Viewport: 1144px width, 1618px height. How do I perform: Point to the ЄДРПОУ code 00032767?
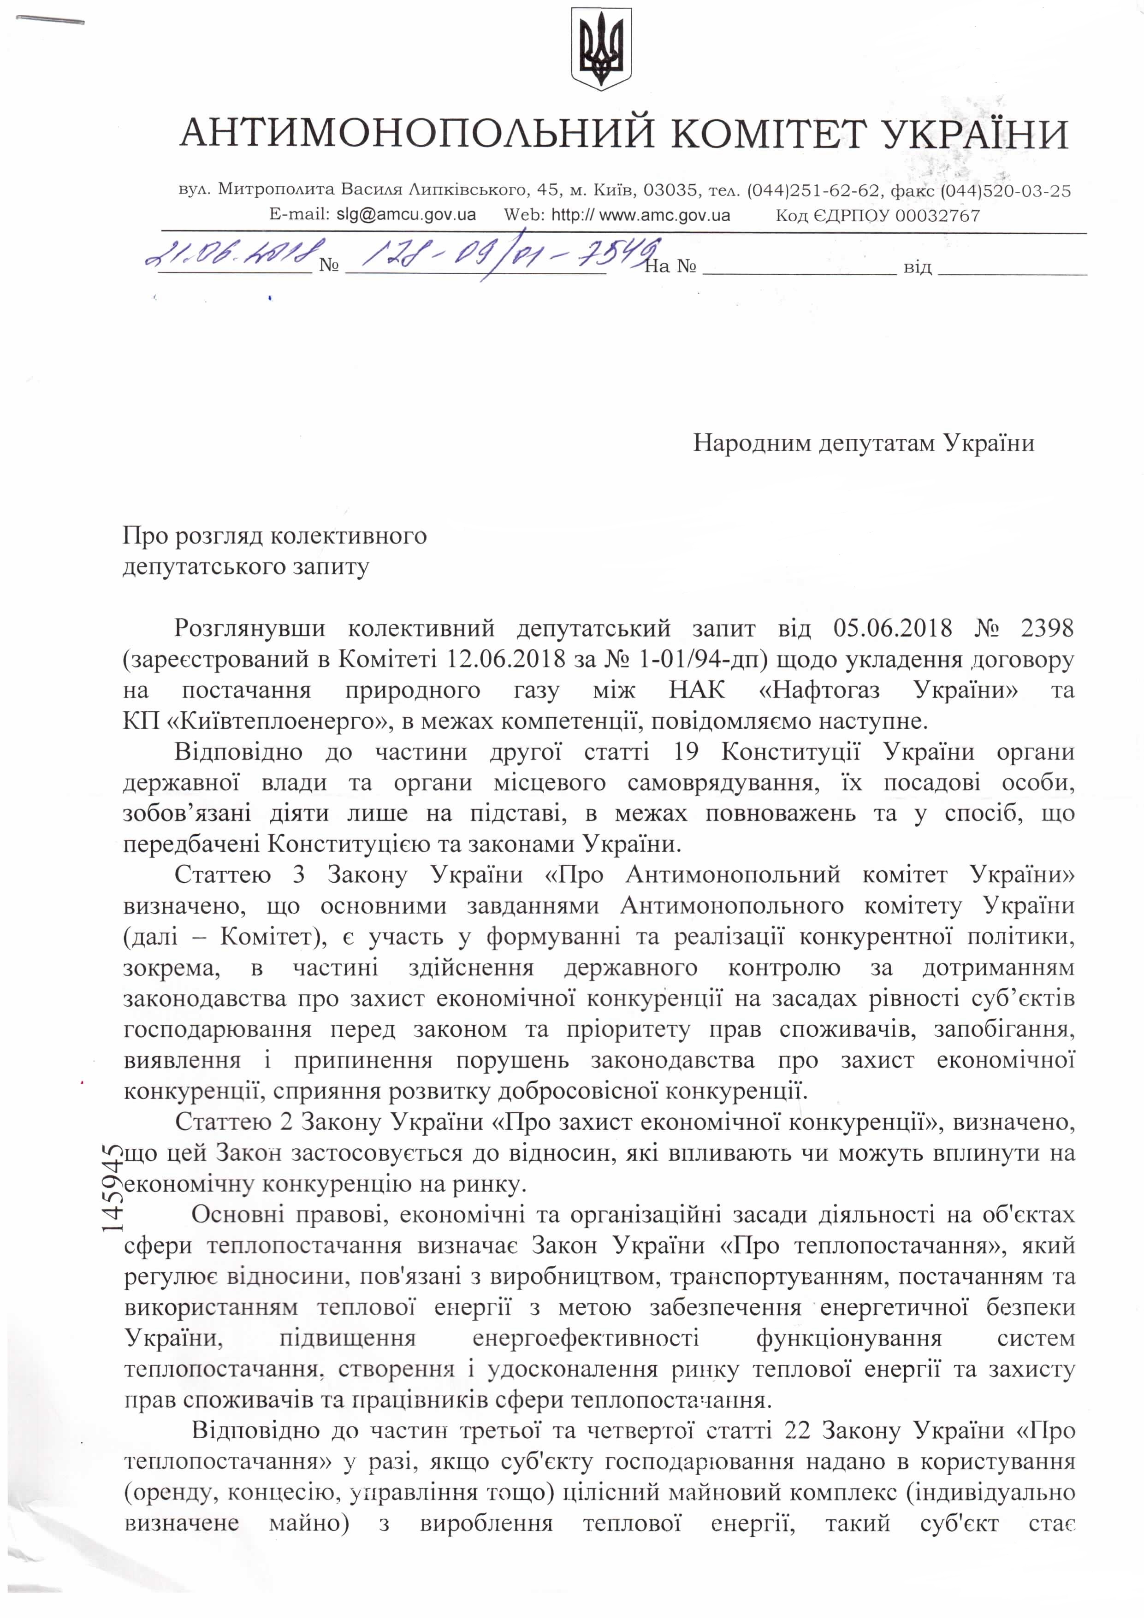tap(937, 216)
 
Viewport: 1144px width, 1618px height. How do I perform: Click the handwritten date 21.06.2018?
tap(232, 252)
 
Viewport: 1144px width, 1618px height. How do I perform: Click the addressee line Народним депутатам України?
tap(864, 443)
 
